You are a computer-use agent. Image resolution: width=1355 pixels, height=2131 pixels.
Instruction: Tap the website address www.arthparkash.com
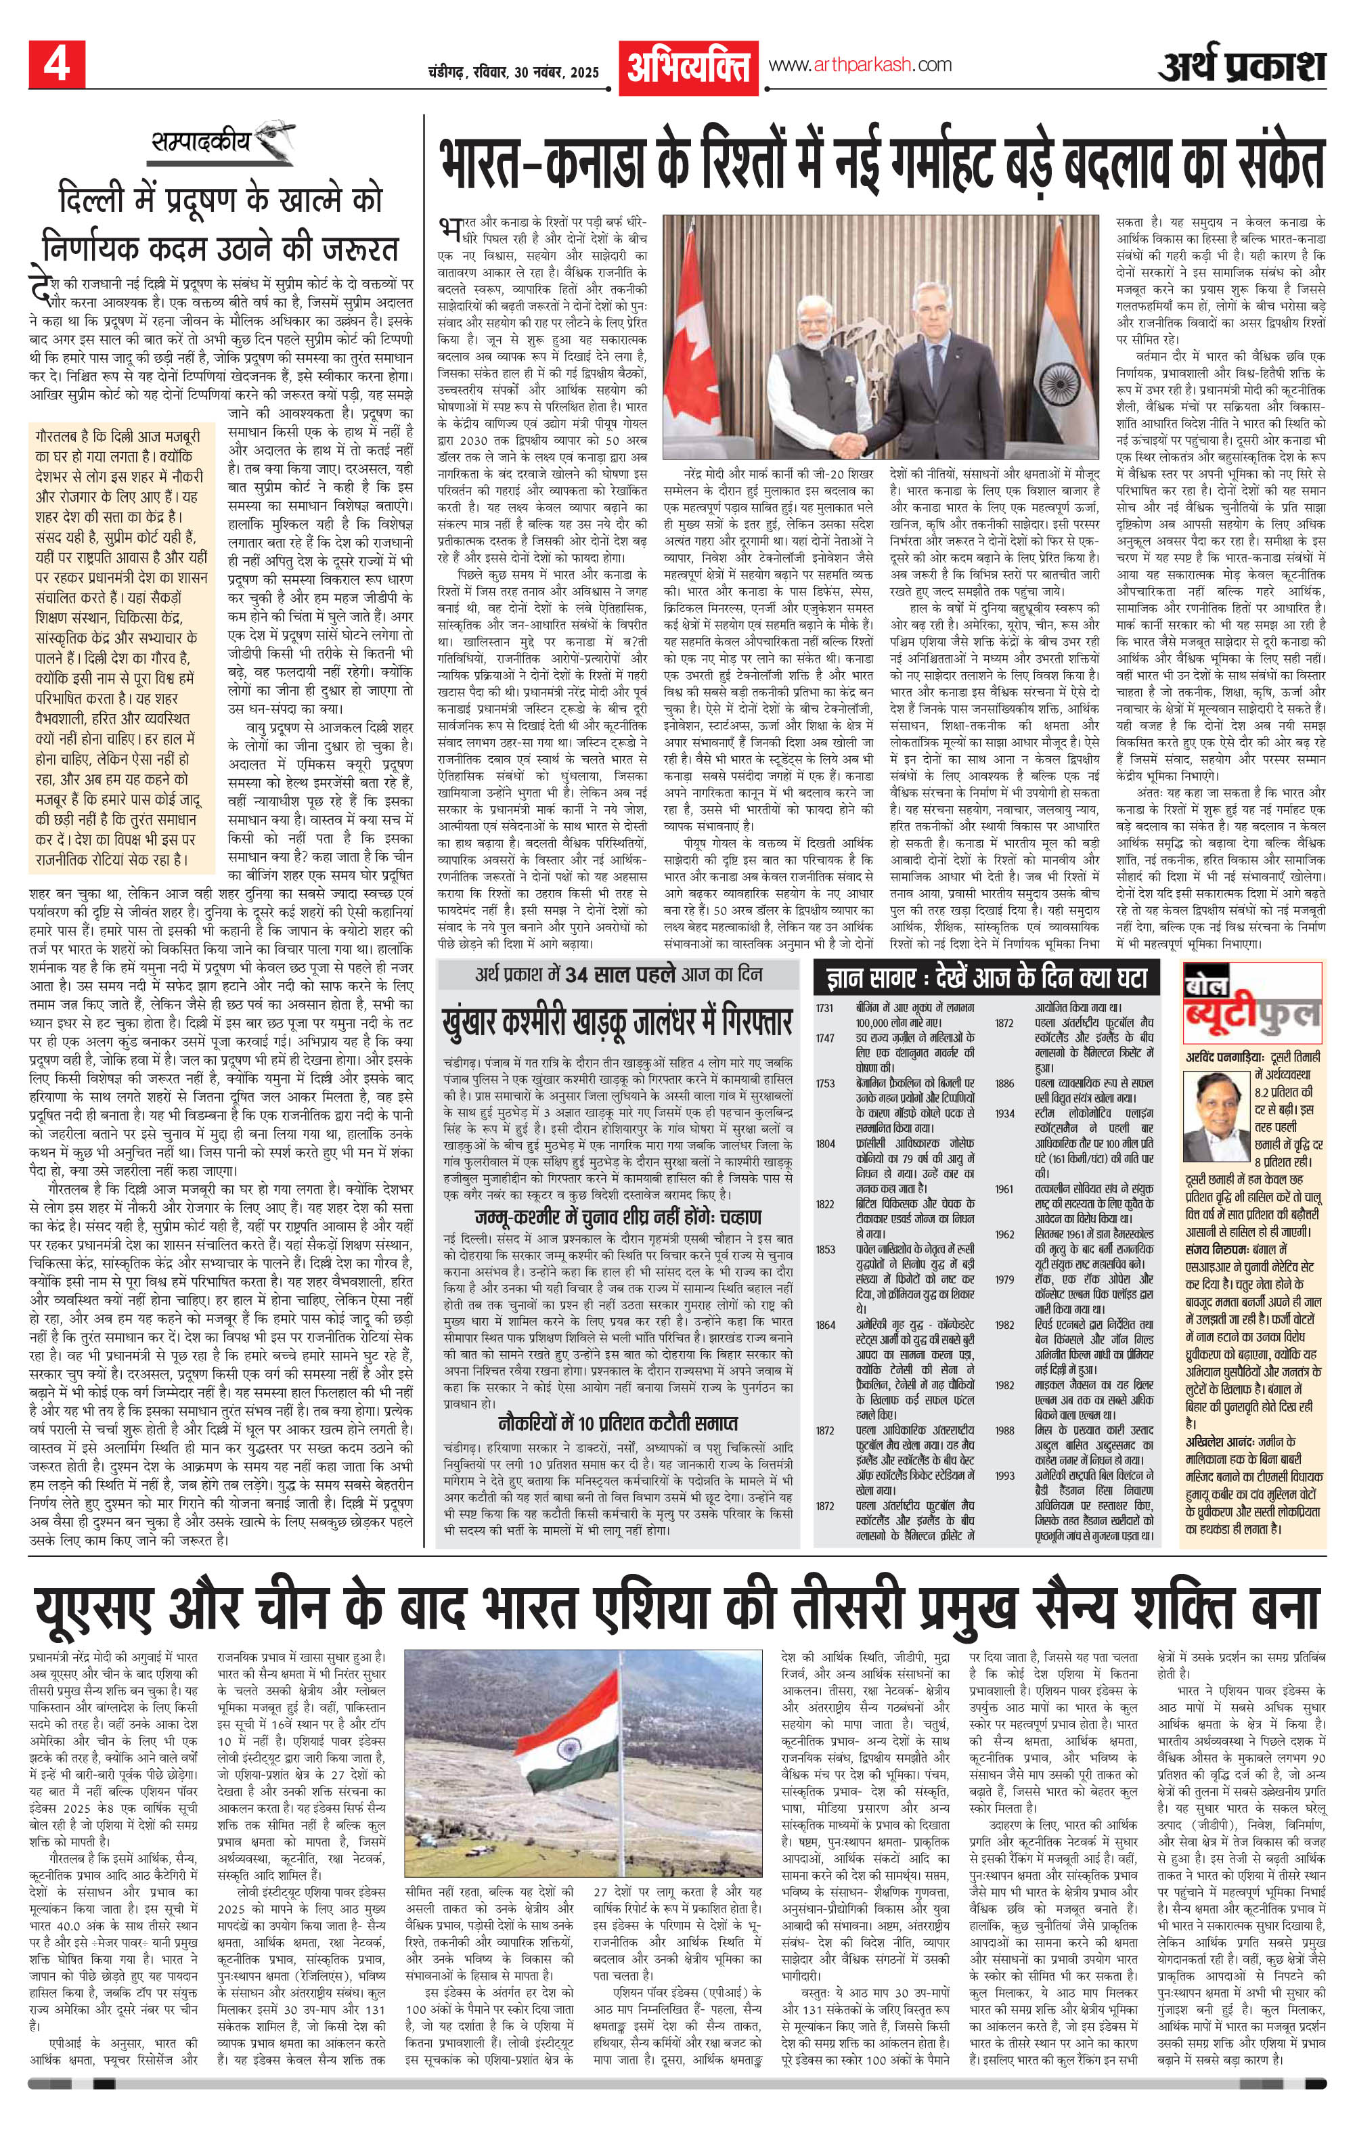(x=860, y=64)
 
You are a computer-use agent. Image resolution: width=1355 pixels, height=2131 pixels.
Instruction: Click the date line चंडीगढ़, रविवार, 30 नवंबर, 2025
(x=512, y=72)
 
